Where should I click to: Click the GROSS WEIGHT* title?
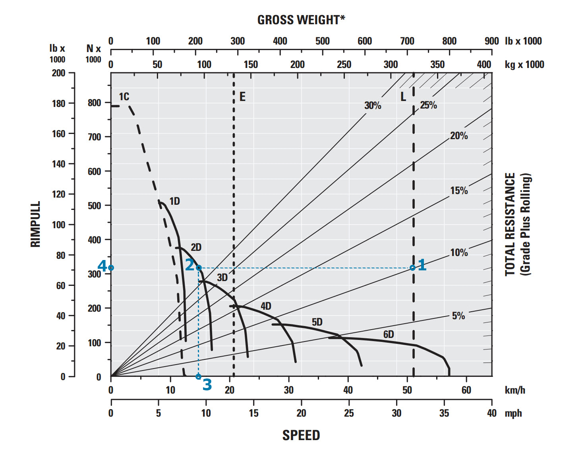click(301, 20)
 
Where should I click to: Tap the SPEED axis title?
click(301, 435)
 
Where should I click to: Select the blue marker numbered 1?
click(413, 268)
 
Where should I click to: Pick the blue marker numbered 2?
click(199, 268)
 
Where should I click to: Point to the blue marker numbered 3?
click(199, 376)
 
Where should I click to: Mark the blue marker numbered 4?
click(111, 268)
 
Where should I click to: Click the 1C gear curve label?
click(124, 97)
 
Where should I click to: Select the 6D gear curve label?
click(389, 334)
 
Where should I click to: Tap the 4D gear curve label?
click(266, 306)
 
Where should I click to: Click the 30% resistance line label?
click(373, 105)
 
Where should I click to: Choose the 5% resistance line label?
click(458, 316)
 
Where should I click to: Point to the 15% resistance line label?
click(459, 190)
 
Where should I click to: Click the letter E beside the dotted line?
click(242, 97)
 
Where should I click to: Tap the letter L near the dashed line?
click(403, 97)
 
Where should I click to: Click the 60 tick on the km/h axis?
click(466, 390)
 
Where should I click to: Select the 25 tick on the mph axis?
click(349, 413)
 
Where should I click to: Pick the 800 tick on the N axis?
click(94, 103)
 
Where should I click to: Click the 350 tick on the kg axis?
click(437, 64)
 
